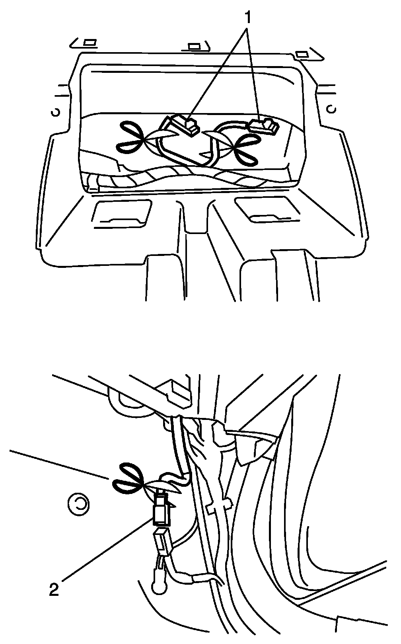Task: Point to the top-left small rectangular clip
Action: [90, 43]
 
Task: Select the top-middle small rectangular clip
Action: [194, 46]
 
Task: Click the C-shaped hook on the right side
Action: [332, 109]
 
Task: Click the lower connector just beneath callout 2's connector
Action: [163, 542]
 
